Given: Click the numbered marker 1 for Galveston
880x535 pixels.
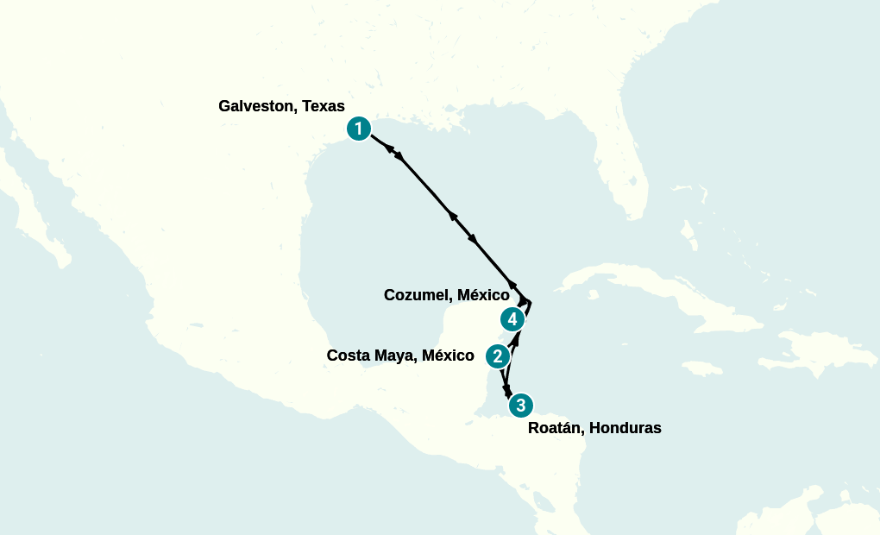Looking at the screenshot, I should [359, 129].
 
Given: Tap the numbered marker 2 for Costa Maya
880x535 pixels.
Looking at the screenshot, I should [497, 356].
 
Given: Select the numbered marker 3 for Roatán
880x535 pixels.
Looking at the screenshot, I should [519, 405].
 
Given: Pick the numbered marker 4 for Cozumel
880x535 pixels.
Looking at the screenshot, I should [512, 319].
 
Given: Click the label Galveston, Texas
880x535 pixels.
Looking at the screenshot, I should [281, 106].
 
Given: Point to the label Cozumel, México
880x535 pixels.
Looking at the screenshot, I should [446, 295].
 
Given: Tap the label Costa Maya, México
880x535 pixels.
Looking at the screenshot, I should [400, 356].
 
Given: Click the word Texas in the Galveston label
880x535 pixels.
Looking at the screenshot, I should [323, 106].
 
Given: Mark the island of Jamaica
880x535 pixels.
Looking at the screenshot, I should [703, 368].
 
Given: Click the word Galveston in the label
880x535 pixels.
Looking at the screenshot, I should [257, 106].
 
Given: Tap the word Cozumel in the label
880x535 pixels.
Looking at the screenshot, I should [417, 295].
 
